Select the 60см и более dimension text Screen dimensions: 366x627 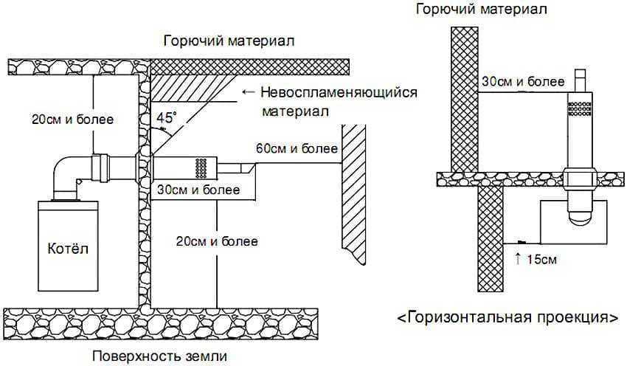pyautogui.click(x=297, y=149)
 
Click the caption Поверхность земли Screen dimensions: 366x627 pyautogui.click(x=160, y=356)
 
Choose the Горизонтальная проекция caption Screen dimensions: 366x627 pyautogui.click(x=508, y=319)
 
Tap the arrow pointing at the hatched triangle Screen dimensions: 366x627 pyautogui.click(x=247, y=93)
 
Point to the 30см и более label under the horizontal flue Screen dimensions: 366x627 pyautogui.click(x=198, y=190)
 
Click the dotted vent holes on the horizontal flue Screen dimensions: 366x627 pyautogui.click(x=200, y=167)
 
